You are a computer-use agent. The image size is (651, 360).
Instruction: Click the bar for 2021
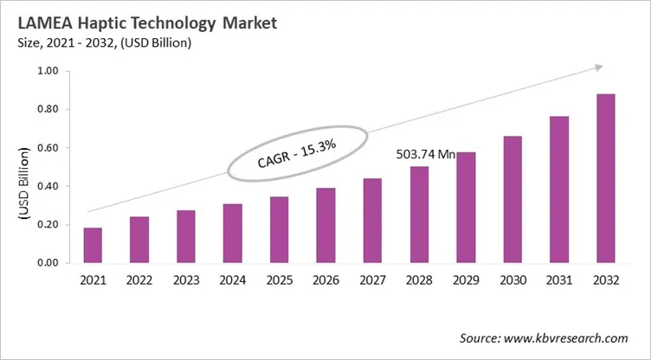pyautogui.click(x=93, y=245)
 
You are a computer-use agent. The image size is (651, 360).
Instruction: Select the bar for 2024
pyautogui.click(x=232, y=233)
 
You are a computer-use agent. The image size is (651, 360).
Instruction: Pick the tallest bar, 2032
pyautogui.click(x=605, y=178)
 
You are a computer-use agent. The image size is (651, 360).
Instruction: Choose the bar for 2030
pyautogui.click(x=512, y=199)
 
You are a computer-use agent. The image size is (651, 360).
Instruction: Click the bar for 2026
pyautogui.click(x=325, y=225)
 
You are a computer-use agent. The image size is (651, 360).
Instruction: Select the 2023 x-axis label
pyautogui.click(x=185, y=281)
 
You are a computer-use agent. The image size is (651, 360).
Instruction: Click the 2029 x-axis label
pyautogui.click(x=465, y=281)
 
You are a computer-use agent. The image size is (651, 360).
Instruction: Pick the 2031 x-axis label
pyautogui.click(x=558, y=281)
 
